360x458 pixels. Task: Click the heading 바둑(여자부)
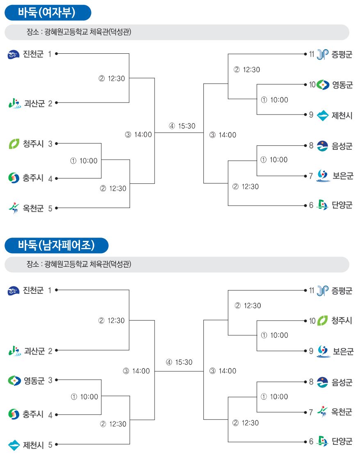tap(47, 13)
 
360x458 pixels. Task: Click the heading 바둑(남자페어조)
tap(56, 245)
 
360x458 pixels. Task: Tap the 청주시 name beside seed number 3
tap(33, 144)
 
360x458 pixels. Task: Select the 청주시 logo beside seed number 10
tap(322, 321)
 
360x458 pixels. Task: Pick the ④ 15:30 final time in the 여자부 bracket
tap(182, 126)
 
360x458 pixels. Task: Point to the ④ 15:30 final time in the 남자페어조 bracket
tap(179, 362)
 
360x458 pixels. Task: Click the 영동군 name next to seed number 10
tap(342, 85)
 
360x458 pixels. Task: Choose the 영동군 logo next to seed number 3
tap(14, 380)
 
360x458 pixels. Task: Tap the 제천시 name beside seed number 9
tap(342, 115)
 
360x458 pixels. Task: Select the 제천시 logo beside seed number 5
tap(14, 445)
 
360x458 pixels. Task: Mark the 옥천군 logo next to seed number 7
tap(322, 412)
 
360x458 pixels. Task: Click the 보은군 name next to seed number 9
tap(343, 351)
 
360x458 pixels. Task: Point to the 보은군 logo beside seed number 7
tap(323, 176)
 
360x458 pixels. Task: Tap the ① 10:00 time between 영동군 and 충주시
tap(84, 397)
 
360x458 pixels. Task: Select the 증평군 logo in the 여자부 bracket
tap(322, 54)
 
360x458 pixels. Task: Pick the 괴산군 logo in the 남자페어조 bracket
tap(15, 350)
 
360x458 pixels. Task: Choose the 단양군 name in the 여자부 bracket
tap(342, 205)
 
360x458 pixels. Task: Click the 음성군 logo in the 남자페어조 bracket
tap(322, 382)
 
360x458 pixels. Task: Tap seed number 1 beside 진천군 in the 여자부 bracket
tap(50, 54)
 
